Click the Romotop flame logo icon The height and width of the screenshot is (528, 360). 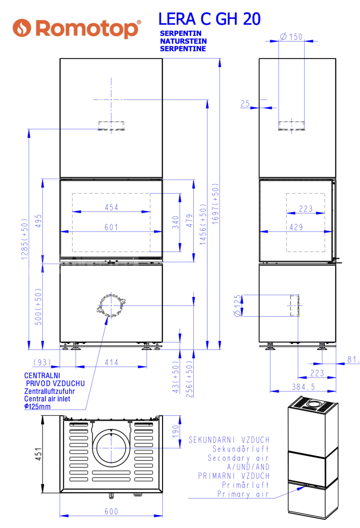pos(22,28)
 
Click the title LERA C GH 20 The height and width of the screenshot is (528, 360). pos(209,19)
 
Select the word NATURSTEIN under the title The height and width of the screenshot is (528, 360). pos(183,41)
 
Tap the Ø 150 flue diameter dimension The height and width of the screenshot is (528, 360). pos(291,37)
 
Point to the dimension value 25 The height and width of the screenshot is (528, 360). pos(245,103)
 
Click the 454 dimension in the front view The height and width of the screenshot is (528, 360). pos(111,207)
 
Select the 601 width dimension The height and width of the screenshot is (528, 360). pos(111,227)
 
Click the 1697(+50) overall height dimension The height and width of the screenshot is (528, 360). pos(216,204)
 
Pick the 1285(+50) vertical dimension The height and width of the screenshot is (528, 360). pos(24,239)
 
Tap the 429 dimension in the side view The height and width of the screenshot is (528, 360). pos(296,227)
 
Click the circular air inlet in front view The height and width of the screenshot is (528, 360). pos(111,305)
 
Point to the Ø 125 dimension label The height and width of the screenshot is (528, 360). pos(238,306)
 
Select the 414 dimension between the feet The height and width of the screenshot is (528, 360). pos(111,362)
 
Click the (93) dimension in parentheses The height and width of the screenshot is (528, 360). pos(42,362)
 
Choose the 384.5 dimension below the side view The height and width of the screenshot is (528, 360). pos(303,387)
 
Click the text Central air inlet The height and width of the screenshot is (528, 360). pos(47,399)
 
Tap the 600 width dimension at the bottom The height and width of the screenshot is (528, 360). pos(111,511)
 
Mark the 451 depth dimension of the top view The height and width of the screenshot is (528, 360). pos(38,454)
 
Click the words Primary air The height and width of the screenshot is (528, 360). pos(243,494)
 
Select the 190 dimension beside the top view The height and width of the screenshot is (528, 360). pos(175,432)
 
